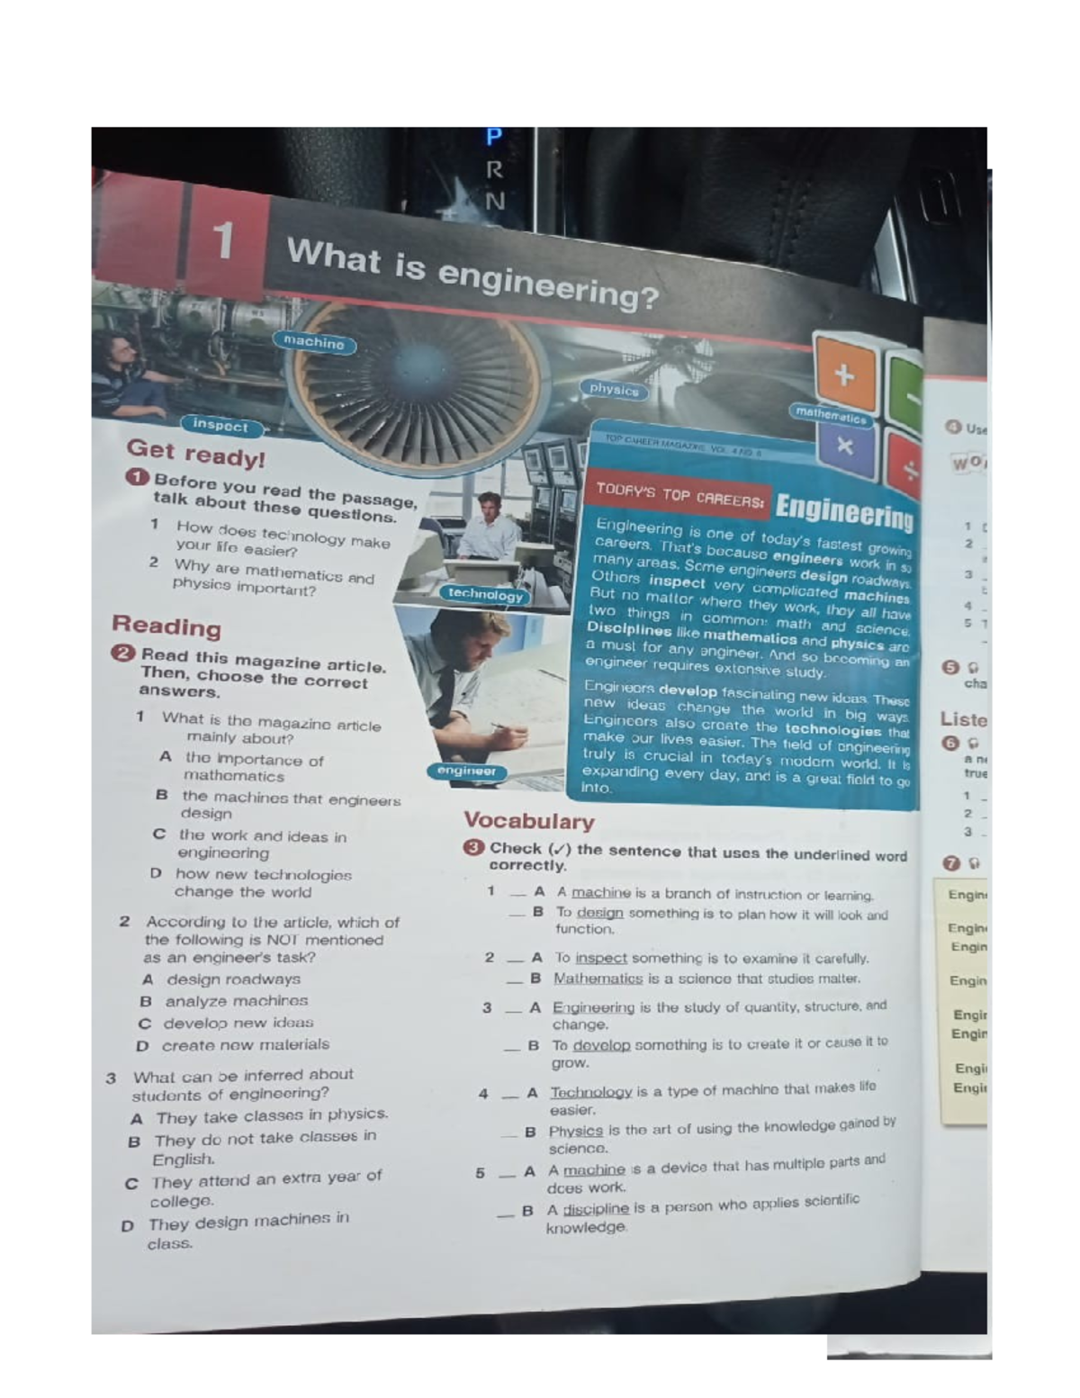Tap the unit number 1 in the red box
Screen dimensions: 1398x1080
[223, 240]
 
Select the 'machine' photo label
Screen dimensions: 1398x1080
[314, 342]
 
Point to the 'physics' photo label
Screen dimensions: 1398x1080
[614, 390]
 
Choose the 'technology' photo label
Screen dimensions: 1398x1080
[485, 594]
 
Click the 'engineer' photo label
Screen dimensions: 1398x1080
[466, 771]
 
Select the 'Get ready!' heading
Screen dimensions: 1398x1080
[196, 453]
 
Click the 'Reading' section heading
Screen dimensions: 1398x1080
[166, 626]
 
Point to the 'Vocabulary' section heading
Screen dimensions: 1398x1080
[528, 821]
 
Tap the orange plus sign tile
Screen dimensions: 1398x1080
[843, 375]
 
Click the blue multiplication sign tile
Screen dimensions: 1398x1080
[844, 446]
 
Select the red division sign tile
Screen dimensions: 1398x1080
[910, 468]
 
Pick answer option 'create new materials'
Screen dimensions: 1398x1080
[245, 1045]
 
